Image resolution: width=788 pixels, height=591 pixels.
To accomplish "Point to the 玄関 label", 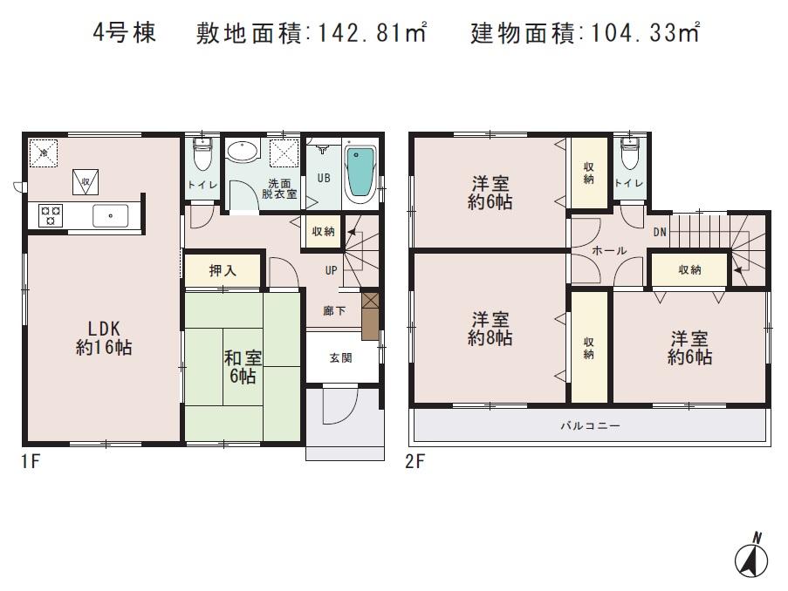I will coord(341,357).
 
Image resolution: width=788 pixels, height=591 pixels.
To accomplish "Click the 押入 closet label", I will coord(223,271).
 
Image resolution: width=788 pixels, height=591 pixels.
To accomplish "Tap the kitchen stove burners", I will coord(50,214).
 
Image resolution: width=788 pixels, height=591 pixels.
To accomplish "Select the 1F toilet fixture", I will coord(202,157).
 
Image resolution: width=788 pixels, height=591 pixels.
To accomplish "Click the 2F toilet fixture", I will coord(628,156).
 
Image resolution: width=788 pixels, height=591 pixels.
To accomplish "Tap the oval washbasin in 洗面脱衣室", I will coord(243,153).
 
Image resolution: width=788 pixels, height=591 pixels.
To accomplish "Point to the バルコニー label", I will coord(590,426).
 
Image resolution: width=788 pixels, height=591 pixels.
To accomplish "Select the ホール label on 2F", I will coord(608,251).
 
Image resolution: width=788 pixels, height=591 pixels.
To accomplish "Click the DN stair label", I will coord(661,233).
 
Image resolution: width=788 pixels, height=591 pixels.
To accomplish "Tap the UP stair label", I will coord(332,270).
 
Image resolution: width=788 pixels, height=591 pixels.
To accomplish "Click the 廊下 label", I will coord(334,310).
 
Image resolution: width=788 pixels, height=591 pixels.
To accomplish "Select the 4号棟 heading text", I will coord(125,34).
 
